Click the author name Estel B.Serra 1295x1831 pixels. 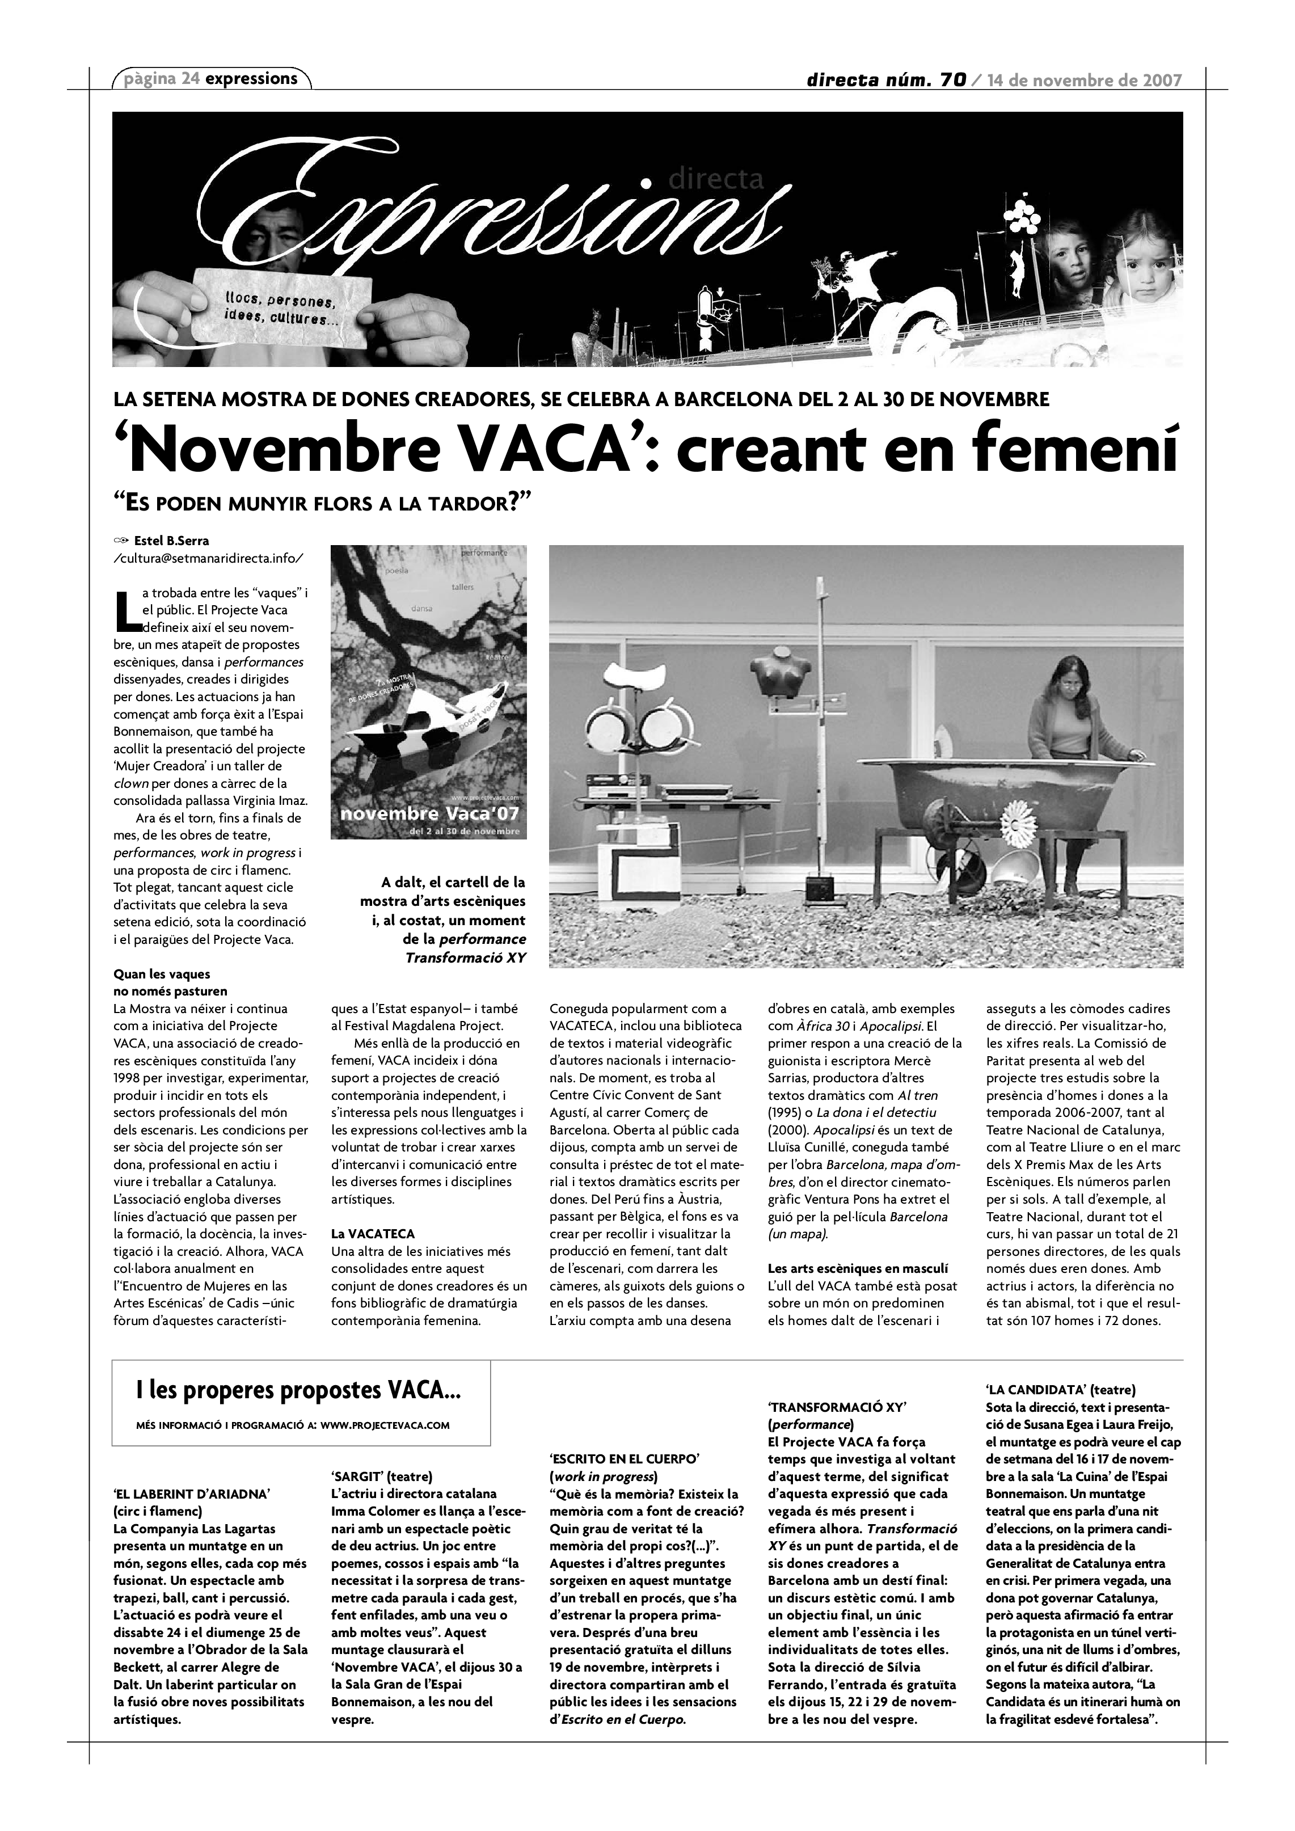pos(171,541)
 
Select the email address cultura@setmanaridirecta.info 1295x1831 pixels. pos(209,558)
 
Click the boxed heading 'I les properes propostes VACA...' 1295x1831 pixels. pos(300,1391)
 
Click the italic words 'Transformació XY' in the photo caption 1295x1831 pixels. pos(466,957)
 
